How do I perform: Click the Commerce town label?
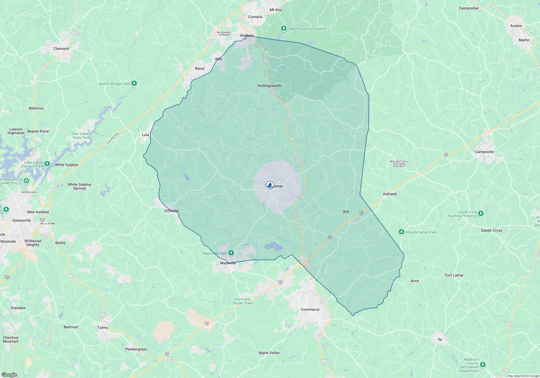pos(310,309)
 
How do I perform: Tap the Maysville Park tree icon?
pos(231,253)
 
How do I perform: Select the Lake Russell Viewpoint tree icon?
pos(283,28)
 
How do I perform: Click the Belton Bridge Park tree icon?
pos(134,83)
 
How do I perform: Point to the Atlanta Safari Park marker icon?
pos(401,232)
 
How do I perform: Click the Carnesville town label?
pos(484,152)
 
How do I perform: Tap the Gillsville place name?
pos(171,211)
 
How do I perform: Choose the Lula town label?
pos(146,135)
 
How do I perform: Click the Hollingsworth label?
pos(269,86)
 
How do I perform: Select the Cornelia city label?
pos(255,17)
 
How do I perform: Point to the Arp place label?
pos(346,211)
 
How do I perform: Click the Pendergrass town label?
pos(136,349)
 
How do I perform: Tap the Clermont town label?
pos(61,49)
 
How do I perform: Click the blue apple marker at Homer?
pos(270,185)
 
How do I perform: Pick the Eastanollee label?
pos(469,8)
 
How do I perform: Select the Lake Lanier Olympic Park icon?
pos(47,164)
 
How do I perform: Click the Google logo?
pos(9,374)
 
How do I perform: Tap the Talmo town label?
pos(103,328)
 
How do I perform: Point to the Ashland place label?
pos(390,194)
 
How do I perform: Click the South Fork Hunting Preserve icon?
pos(481,214)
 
